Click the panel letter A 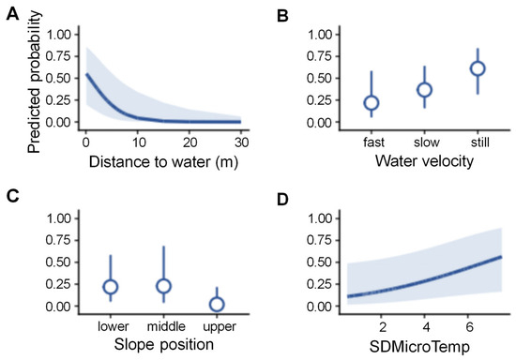point(12,15)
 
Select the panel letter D point(282,200)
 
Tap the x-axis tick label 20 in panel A point(190,142)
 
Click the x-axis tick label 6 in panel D point(469,327)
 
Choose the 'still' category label point(479,142)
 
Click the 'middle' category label point(166,326)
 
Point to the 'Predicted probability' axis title point(34,82)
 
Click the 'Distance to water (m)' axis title point(163,162)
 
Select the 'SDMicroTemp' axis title point(419,347)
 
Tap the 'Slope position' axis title point(164,345)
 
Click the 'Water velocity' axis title point(424,161)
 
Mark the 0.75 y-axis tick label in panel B point(319,56)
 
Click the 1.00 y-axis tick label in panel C point(58,218)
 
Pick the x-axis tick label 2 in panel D point(383,327)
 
